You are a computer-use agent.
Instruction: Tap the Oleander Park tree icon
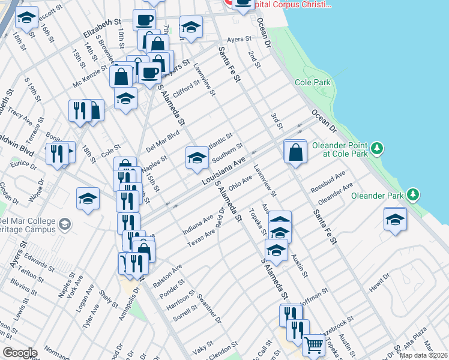coord(412,194)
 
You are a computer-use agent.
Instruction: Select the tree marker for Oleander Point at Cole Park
coord(376,147)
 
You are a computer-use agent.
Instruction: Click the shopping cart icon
coord(313,345)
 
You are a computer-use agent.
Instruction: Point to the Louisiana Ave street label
coord(224,171)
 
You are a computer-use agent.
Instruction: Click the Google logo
coord(19,353)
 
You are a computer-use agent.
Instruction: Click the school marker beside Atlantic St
coord(197,158)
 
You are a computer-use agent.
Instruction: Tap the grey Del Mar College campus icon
coord(64,225)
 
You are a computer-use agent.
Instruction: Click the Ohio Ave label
coord(238,181)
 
